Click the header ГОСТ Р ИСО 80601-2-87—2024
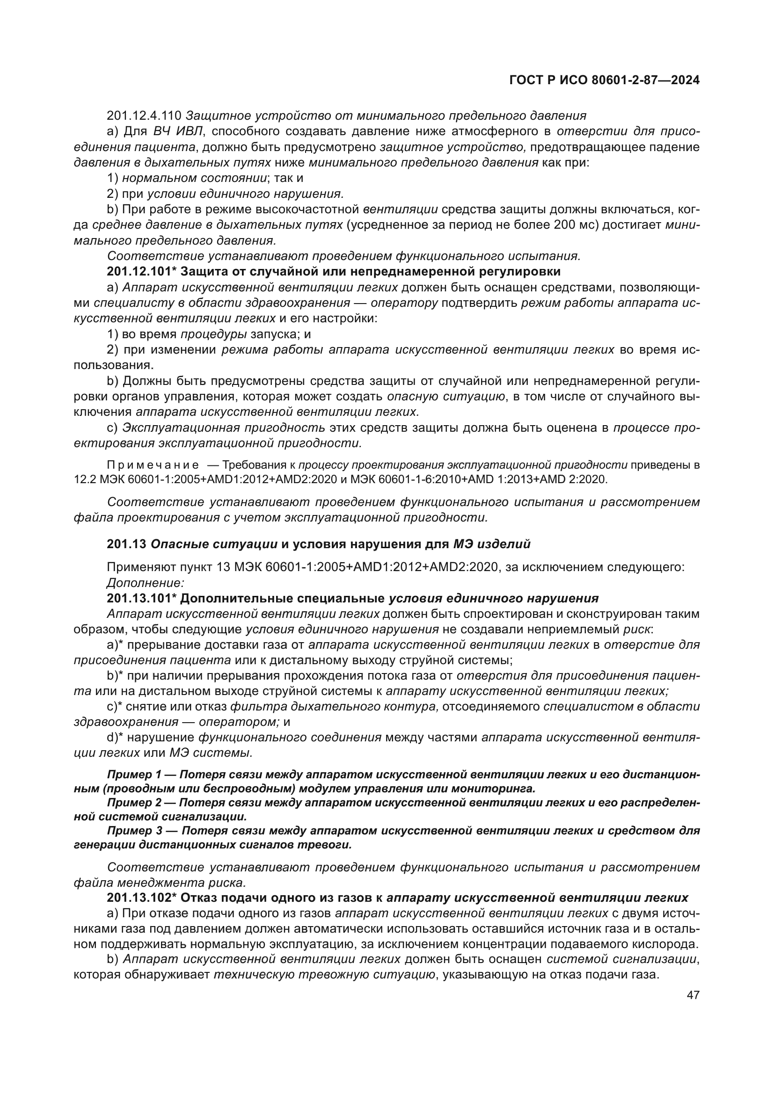coord(604,80)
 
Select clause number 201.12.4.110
coord(144,116)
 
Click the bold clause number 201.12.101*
coord(141,272)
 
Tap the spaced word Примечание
coord(153,465)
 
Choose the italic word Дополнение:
coord(146,583)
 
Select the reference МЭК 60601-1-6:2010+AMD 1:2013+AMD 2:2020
coord(479,479)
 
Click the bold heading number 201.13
coord(126,544)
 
